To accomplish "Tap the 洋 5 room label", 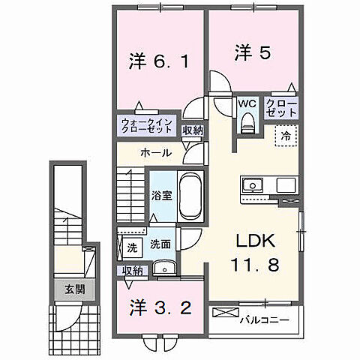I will coord(246,54).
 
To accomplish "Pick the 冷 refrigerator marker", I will coord(286,136).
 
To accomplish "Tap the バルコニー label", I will coord(262,321).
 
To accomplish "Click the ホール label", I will coord(154,153).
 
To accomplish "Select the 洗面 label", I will coord(160,244).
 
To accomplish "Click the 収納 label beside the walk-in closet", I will coord(192,130).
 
